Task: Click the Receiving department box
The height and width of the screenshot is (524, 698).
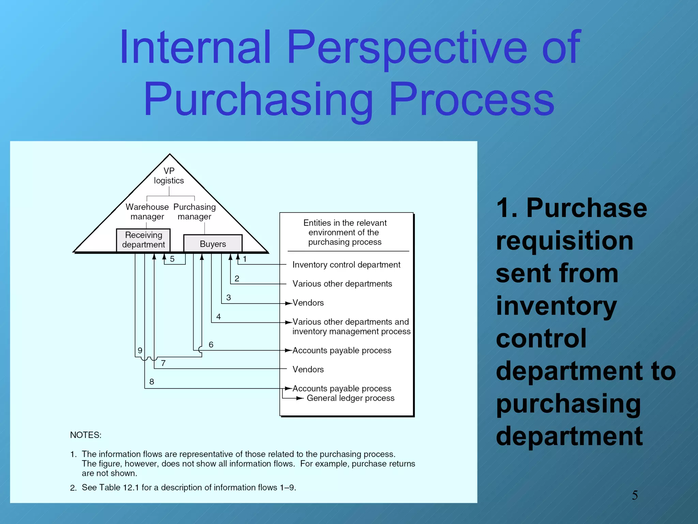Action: tap(143, 240)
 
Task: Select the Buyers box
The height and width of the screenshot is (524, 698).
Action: tap(213, 244)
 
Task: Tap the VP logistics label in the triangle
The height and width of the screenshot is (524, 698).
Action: tap(169, 176)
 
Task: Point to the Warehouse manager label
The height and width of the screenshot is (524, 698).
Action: tap(147, 212)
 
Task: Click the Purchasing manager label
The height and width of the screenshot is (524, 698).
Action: tap(195, 212)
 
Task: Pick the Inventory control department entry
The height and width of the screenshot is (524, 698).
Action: tap(346, 265)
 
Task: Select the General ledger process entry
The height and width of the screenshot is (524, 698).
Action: tap(350, 398)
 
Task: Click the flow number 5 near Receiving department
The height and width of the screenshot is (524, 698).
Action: tap(172, 259)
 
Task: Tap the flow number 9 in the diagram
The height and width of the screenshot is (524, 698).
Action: tap(140, 350)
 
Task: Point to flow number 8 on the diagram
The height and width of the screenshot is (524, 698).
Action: tap(152, 382)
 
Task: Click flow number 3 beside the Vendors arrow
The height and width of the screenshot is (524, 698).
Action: tap(228, 297)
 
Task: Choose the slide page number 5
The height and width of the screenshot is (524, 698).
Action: tap(635, 495)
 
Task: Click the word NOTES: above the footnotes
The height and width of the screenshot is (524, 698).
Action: tap(86, 435)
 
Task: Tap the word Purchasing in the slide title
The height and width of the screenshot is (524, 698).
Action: tap(258, 100)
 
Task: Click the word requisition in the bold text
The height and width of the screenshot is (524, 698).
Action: tap(564, 241)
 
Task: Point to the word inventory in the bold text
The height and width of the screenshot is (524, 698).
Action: tap(556, 306)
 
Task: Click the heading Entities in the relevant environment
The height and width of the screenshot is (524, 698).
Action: tap(345, 232)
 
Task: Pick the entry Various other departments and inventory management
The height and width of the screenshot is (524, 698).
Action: tap(351, 326)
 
